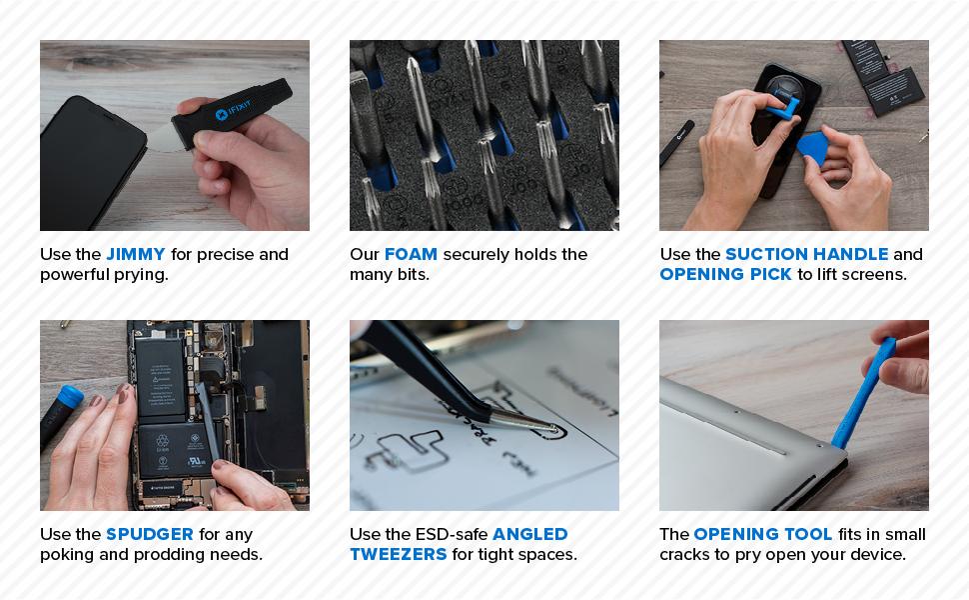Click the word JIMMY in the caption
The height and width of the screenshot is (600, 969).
[x=136, y=254]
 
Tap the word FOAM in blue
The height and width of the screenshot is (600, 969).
[x=411, y=254]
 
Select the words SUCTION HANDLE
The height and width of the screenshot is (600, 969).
[x=806, y=254]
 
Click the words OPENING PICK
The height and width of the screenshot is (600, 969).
[x=725, y=274]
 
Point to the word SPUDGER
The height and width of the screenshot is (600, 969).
[x=150, y=534]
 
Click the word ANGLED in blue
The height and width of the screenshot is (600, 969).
[x=529, y=534]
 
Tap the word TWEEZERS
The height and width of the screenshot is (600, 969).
[x=398, y=554]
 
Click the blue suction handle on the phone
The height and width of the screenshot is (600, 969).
[x=784, y=103]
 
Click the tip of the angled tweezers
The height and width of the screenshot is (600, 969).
[x=552, y=427]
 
